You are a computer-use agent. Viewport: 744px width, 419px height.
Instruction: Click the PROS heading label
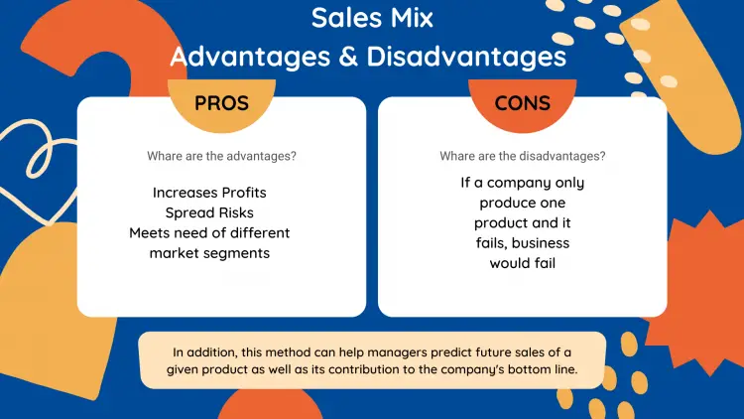point(221,104)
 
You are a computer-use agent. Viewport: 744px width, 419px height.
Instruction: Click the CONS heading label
point(522,104)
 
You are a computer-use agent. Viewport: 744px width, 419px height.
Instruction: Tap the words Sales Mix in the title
point(372,18)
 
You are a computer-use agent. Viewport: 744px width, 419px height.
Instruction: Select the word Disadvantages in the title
point(467,56)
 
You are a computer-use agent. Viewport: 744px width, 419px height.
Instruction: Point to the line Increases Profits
point(209,192)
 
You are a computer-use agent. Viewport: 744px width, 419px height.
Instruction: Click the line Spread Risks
point(209,212)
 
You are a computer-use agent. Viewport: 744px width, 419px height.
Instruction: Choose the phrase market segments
point(209,253)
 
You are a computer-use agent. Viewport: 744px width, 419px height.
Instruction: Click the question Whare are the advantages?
point(221,156)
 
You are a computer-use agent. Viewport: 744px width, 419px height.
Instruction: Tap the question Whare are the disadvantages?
point(522,156)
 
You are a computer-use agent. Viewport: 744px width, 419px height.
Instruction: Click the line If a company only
point(522,183)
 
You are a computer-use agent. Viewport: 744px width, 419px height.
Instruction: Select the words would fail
point(522,263)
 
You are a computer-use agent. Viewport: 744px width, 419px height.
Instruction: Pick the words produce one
point(522,203)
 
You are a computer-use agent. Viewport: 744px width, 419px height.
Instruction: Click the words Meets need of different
point(209,233)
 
